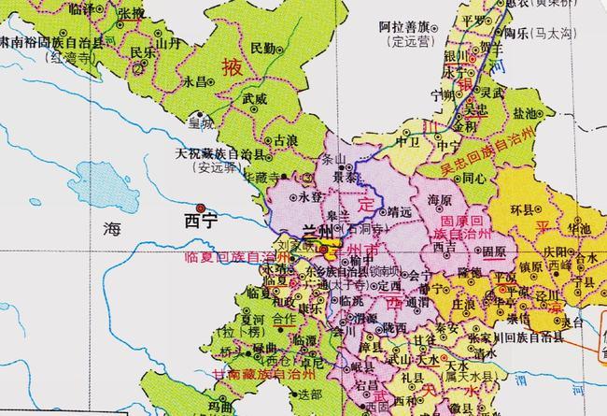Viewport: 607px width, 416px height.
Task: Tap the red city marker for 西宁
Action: pyautogui.click(x=199, y=207)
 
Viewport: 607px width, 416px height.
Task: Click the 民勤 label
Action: pyautogui.click(x=264, y=47)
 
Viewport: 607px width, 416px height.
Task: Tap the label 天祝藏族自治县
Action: pyautogui.click(x=221, y=153)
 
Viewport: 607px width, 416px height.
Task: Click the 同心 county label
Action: pyautogui.click(x=473, y=177)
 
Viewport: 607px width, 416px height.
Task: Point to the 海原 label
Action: pyautogui.click(x=440, y=201)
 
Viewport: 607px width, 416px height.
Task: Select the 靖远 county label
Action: pyautogui.click(x=400, y=212)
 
